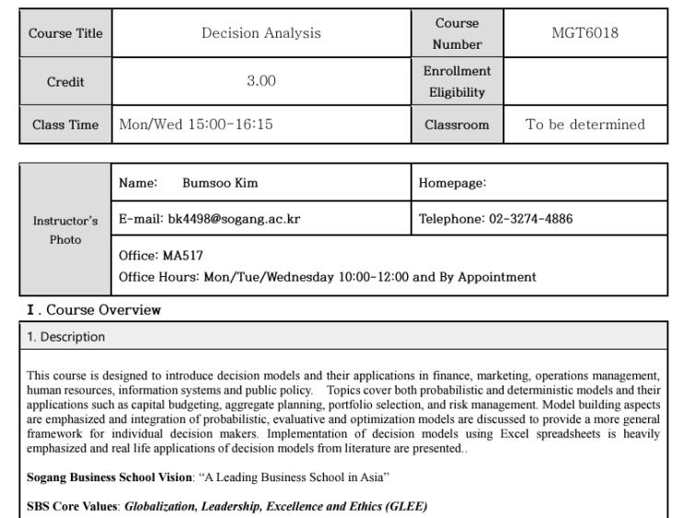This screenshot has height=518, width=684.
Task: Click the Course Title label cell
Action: [x=65, y=34]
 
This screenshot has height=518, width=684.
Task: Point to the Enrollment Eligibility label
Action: [x=457, y=82]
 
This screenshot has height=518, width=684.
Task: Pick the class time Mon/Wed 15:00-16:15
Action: [x=196, y=124]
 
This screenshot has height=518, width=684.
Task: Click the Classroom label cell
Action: [x=457, y=124]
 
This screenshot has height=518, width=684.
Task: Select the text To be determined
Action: [x=585, y=124]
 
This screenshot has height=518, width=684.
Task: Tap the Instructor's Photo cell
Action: [x=65, y=230]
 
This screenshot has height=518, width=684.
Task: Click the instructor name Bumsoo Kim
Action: [x=220, y=183]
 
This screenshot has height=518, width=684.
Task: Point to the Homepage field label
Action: [x=452, y=183]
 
